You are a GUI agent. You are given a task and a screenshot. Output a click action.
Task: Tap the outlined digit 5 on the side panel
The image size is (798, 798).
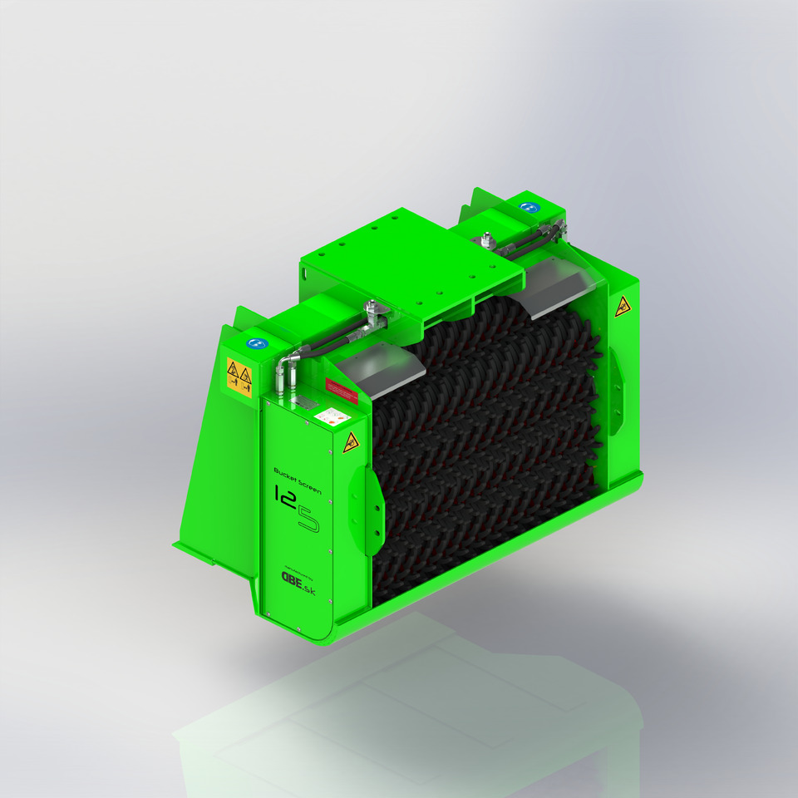(308, 519)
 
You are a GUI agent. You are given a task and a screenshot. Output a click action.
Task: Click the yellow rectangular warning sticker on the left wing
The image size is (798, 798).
(239, 377)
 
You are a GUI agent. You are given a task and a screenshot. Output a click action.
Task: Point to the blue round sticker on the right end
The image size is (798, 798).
(526, 207)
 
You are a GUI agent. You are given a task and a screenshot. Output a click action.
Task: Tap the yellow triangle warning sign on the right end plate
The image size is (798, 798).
(620, 309)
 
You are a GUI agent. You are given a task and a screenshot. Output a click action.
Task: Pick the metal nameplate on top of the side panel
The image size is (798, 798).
(304, 402)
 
